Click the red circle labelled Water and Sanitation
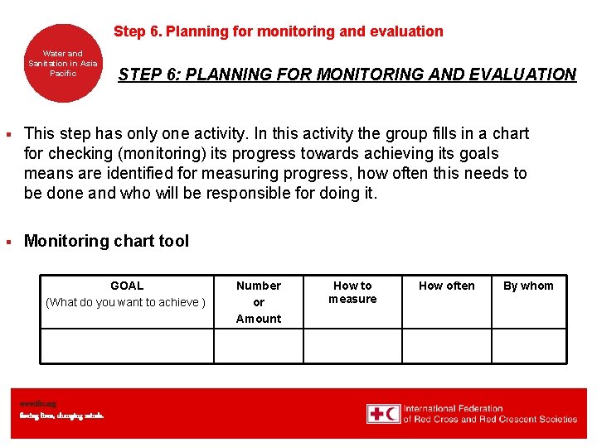point(63,64)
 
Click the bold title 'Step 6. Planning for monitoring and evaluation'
point(278,31)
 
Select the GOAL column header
point(127,286)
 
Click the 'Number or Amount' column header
point(259,301)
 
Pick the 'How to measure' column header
point(352,292)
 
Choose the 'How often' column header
point(447,286)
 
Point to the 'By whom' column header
point(528,286)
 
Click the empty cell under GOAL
point(127,345)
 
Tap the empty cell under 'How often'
point(447,345)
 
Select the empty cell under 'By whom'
point(528,345)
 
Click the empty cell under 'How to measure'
point(352,345)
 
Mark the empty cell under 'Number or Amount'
point(259,345)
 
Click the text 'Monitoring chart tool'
point(106,241)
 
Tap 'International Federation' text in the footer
point(454,408)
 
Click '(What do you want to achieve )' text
point(126,302)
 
